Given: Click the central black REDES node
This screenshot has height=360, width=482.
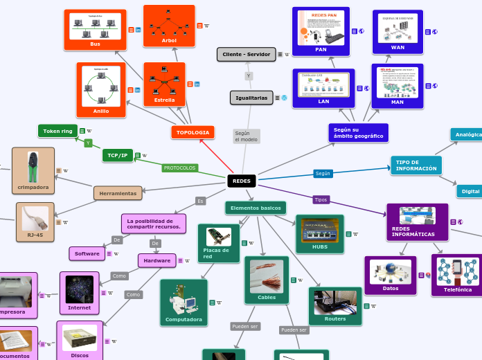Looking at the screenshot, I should [242, 181].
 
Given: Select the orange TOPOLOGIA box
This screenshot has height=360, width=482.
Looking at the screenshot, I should [193, 132].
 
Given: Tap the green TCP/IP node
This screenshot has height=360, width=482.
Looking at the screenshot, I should [117, 155].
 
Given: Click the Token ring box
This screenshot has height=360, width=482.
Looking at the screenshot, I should [57, 131].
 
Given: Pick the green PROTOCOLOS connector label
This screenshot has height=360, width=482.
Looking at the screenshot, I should [180, 168].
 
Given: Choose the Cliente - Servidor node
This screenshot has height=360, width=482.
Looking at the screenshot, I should [246, 54].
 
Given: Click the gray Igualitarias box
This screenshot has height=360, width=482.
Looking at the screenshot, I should [251, 98].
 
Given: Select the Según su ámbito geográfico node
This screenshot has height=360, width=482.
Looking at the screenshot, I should [358, 132].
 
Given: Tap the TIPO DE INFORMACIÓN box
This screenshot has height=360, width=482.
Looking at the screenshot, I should [416, 165].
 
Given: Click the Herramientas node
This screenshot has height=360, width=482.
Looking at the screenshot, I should [118, 193].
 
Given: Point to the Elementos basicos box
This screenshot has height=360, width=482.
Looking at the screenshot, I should [256, 208].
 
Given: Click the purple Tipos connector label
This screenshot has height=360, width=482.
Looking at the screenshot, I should [321, 199].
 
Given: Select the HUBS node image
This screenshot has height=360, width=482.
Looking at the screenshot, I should [319, 230].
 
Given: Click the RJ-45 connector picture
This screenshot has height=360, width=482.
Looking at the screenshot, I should [35, 218].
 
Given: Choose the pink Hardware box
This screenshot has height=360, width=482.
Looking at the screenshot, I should [157, 260].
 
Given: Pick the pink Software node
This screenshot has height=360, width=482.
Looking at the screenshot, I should [87, 253].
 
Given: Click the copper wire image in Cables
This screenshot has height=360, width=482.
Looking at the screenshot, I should [267, 276].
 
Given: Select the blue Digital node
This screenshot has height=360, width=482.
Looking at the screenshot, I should [470, 191].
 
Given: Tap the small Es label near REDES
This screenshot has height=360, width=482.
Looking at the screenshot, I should [200, 201].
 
